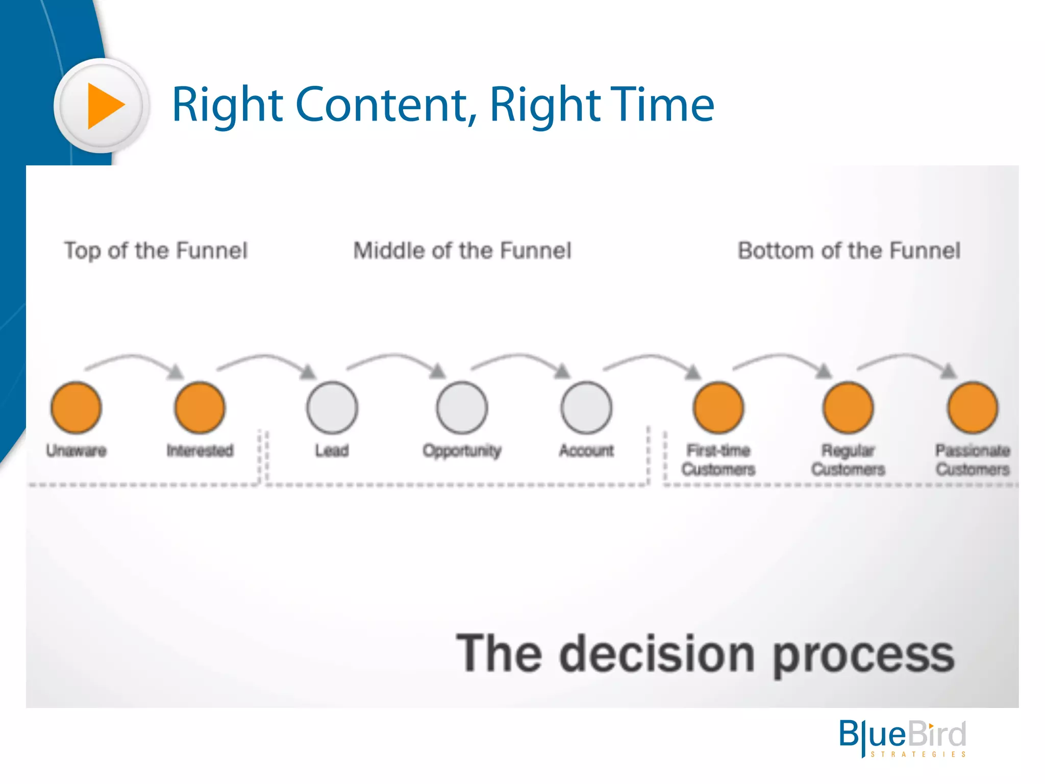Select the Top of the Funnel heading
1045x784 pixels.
tap(156, 251)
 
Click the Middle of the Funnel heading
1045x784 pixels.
tap(462, 251)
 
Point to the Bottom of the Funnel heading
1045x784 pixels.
tap(849, 251)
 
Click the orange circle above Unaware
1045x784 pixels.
tap(76, 408)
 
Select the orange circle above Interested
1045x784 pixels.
tap(200, 408)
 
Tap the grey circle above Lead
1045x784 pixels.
tap(332, 408)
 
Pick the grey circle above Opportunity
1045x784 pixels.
tap(462, 408)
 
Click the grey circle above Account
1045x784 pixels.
tap(586, 408)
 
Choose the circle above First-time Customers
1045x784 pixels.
tap(718, 408)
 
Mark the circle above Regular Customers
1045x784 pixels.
tap(848, 408)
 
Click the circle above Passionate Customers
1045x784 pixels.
tap(973, 408)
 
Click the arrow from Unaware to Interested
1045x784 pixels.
tap(135, 360)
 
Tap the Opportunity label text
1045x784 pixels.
tap(462, 451)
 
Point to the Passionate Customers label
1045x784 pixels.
tap(973, 459)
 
